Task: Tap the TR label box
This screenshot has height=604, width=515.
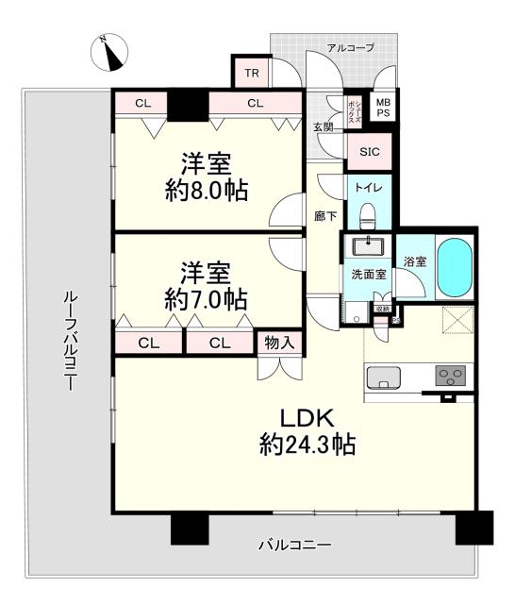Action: [251, 73]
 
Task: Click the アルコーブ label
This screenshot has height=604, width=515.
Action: [350, 47]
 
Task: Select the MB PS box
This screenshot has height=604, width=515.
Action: [382, 106]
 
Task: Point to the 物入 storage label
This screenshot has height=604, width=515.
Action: [278, 343]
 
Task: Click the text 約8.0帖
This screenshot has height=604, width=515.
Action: [207, 190]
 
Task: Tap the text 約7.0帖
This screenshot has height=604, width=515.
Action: [206, 299]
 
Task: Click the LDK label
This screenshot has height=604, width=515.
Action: [307, 417]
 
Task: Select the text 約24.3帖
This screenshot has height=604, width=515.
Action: [307, 445]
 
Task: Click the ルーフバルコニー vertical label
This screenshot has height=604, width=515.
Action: [69, 340]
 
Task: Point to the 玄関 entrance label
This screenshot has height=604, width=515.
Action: [323, 126]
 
